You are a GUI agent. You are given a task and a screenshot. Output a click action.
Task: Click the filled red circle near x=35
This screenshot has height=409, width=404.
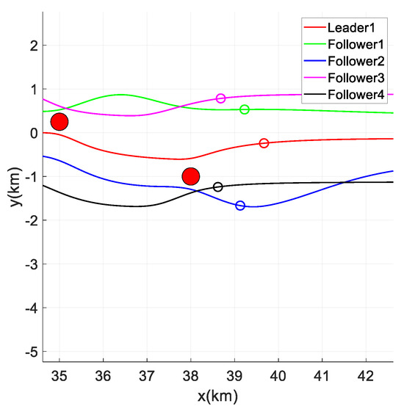click(x=59, y=122)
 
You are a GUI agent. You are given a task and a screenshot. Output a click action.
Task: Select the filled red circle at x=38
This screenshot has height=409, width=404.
click(x=191, y=176)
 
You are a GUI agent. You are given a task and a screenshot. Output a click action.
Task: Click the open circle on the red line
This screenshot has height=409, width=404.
click(x=264, y=143)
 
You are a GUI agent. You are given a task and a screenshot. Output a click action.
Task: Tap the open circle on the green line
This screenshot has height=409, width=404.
click(x=245, y=109)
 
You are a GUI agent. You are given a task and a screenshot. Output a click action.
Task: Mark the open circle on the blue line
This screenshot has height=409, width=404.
click(x=240, y=206)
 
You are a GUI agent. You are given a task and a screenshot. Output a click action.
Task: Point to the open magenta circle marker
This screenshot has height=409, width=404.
click(x=220, y=98)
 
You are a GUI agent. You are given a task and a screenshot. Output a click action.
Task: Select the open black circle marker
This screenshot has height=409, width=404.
click(x=217, y=187)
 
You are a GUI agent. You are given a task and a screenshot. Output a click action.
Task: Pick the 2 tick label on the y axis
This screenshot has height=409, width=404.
click(x=32, y=46)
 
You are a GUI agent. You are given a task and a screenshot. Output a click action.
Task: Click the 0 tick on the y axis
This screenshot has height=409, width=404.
click(x=32, y=133)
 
